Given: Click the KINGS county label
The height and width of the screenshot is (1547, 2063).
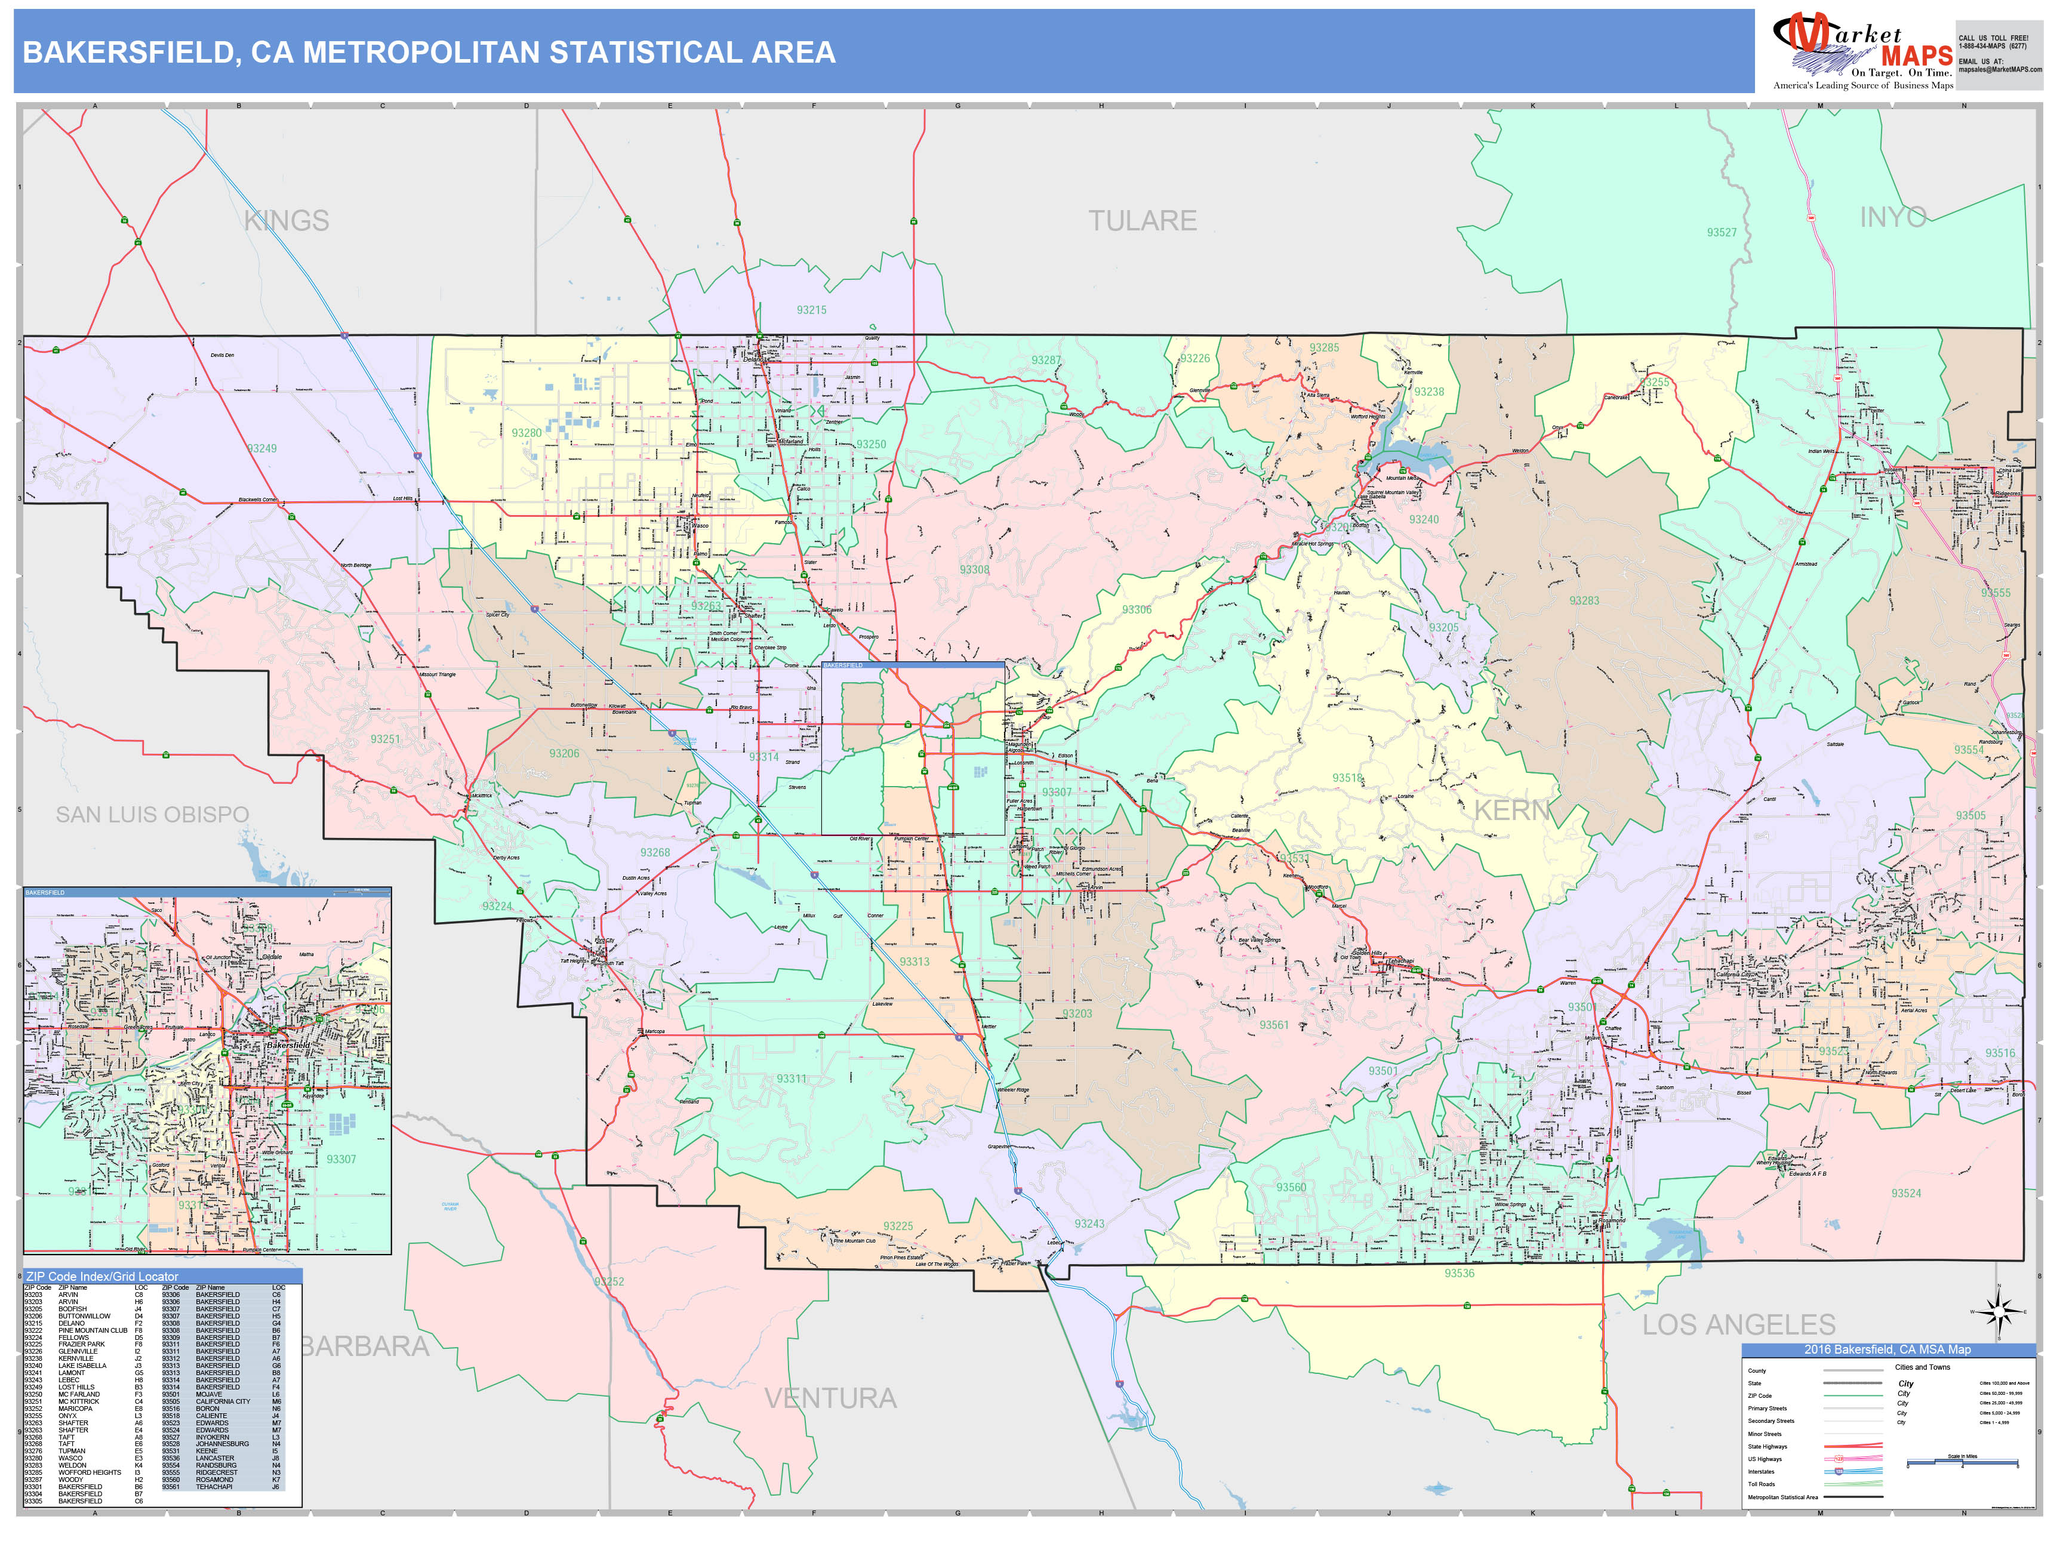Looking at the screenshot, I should [x=287, y=221].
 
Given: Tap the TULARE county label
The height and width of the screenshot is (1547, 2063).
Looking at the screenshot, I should [x=1143, y=221].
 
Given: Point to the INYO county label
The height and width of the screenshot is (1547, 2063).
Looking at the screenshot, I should [x=1892, y=217].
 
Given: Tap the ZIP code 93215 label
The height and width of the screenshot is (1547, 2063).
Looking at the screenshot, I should [x=811, y=310].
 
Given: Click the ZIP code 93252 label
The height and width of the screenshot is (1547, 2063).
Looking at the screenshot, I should [x=609, y=1282].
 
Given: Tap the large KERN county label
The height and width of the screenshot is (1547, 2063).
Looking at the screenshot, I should [x=1511, y=811].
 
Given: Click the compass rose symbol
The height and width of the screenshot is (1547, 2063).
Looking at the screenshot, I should [x=1998, y=1314].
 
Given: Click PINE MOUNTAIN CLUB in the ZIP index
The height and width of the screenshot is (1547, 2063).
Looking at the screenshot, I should [x=93, y=1331].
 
